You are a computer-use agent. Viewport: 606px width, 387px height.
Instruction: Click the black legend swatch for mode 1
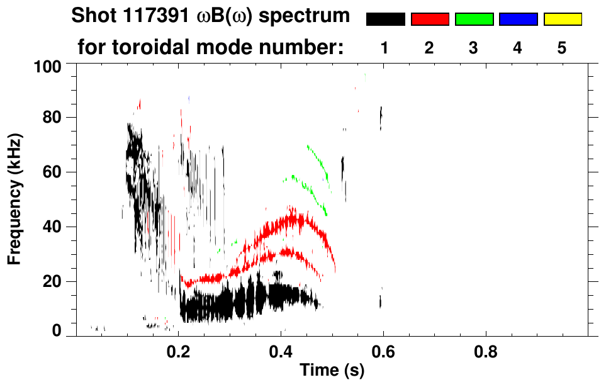pyautogui.click(x=386, y=20)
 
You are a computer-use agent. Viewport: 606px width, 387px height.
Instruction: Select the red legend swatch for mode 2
pyautogui.click(x=430, y=20)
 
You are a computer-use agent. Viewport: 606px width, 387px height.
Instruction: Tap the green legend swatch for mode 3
pyautogui.click(x=474, y=20)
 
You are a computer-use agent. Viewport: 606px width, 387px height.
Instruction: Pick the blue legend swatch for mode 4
pyautogui.click(x=518, y=20)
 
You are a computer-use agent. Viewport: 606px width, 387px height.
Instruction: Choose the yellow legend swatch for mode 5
pyautogui.click(x=562, y=20)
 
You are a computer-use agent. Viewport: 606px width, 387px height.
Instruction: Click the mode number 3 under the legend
pyautogui.click(x=474, y=48)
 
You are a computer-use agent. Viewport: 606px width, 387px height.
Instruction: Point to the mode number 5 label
pyautogui.click(x=562, y=48)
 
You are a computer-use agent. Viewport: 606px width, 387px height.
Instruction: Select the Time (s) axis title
pyautogui.click(x=331, y=371)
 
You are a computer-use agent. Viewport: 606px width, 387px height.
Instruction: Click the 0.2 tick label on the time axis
pyautogui.click(x=179, y=351)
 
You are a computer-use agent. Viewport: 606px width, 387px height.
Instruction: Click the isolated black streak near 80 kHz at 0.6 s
pyautogui.click(x=381, y=118)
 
